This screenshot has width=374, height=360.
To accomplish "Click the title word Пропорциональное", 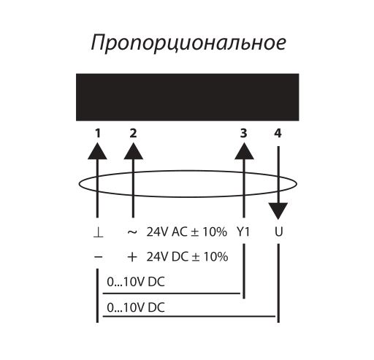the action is (188, 44).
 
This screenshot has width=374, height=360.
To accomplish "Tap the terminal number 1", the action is (98, 134).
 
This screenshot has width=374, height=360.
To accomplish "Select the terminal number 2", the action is (133, 134).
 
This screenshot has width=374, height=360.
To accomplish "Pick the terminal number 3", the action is (244, 134).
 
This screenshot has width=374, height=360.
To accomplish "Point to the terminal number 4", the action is (278, 134).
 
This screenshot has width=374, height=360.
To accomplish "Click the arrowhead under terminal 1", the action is (97, 151).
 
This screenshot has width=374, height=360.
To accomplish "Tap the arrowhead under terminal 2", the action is (133, 151).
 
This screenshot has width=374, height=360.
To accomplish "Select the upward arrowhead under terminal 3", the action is (244, 151).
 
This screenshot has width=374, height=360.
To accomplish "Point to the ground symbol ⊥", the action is (98, 232).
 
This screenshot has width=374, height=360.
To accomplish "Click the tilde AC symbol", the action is (132, 232).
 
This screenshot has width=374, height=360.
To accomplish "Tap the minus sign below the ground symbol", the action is (98, 257).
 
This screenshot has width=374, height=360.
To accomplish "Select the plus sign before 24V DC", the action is (132, 257).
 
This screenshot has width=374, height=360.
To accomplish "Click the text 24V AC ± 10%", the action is (187, 232).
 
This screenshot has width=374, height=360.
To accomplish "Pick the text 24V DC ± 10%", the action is (187, 257).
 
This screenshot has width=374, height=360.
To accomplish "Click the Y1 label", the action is (243, 232).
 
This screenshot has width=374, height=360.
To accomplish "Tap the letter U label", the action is (278, 232).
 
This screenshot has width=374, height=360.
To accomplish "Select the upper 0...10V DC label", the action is (136, 282).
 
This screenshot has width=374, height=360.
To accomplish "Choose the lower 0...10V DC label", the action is (136, 307).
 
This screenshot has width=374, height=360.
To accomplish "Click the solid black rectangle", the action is (188, 97).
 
